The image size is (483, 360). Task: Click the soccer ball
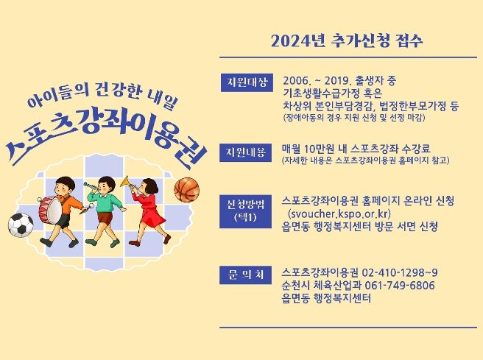coord(21,225)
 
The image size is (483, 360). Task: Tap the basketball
coord(187,190)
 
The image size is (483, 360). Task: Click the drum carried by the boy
coord(50,211)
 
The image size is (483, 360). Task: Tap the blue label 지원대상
coord(247,82)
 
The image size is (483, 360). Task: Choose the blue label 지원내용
coord(245,152)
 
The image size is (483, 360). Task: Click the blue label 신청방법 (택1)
coord(245,211)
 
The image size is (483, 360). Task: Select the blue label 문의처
coord(245,275)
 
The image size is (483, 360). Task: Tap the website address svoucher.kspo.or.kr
coord(339,213)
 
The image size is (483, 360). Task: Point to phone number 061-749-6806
coord(399,286)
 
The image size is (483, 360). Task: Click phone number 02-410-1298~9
coord(400,273)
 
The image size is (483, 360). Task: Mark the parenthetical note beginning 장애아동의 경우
coord(354,118)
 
